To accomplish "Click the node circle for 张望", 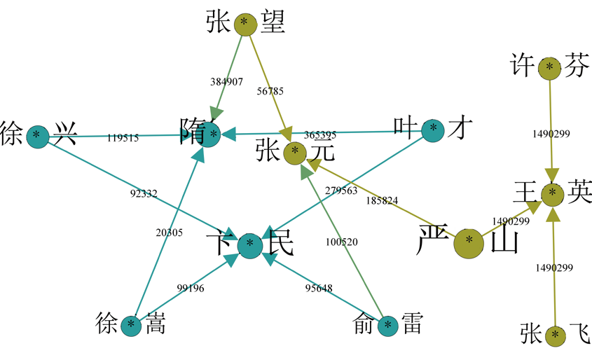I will [244, 23].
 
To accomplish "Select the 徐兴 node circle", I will [37, 135].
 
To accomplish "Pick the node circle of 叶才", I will [433, 128].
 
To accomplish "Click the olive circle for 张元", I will [295, 151].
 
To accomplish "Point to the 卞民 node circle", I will [250, 245].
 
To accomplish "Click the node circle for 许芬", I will [550, 67].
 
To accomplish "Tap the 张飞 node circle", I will [555, 335].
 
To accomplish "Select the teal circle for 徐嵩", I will [131, 325].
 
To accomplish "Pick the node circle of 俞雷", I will [388, 326].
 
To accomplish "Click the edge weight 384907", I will [226, 82].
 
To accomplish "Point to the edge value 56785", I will [270, 91].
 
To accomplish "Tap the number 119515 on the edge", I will [123, 138].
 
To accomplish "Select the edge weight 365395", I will [320, 135].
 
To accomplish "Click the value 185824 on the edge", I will [382, 200].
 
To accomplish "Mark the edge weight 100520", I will [341, 242].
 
